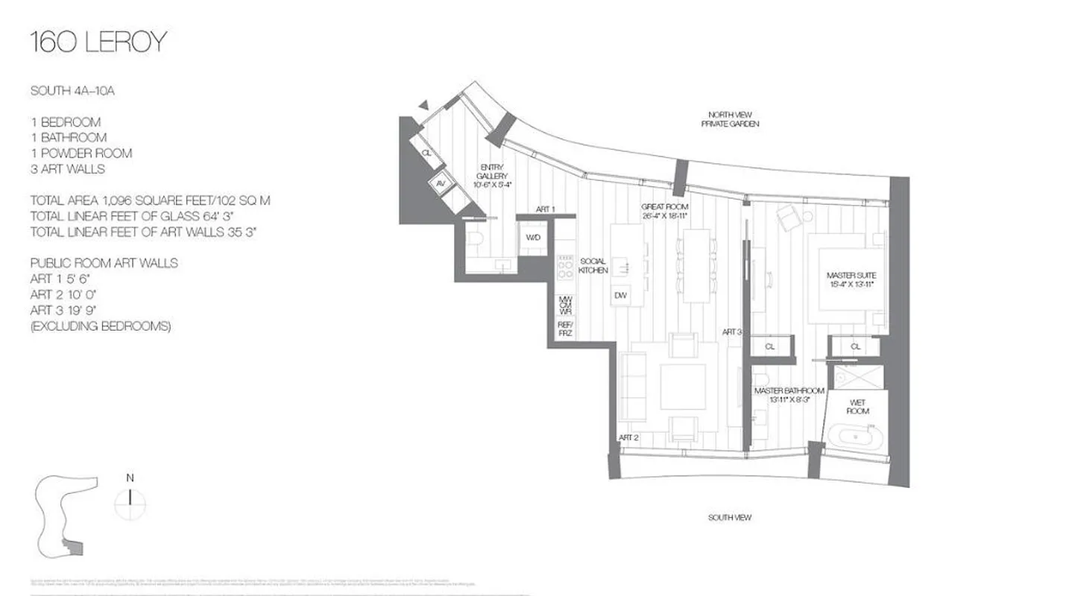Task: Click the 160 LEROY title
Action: tap(98, 42)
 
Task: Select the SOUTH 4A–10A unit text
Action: tap(72, 91)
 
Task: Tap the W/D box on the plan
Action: tap(533, 238)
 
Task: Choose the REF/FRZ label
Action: tap(565, 329)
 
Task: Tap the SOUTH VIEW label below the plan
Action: tap(730, 517)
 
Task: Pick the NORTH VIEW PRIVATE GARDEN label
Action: tap(730, 119)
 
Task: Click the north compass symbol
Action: tap(130, 498)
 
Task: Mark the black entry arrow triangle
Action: tap(424, 106)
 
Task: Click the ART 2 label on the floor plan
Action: tap(628, 437)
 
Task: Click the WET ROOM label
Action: tap(857, 407)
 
